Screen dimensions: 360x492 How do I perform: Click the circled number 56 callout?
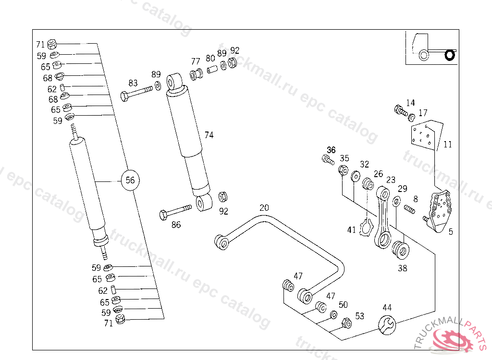(x=130, y=180)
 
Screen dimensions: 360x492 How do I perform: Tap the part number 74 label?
(x=209, y=135)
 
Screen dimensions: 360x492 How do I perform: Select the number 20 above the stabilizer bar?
(x=264, y=208)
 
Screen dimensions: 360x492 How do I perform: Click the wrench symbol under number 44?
(x=387, y=324)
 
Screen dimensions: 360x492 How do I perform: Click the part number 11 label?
(x=448, y=144)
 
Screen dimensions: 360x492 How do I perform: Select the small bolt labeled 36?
(x=328, y=159)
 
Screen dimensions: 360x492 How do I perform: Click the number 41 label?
(x=352, y=230)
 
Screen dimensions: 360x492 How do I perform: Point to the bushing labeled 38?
(x=400, y=250)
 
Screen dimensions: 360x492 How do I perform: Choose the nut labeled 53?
(x=346, y=323)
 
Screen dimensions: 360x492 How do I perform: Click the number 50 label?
(x=343, y=305)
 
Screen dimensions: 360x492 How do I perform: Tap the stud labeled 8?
(x=409, y=209)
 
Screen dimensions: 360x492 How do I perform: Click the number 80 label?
(x=210, y=58)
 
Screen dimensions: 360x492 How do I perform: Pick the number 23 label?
(x=391, y=180)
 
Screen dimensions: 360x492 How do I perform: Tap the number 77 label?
(x=195, y=61)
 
